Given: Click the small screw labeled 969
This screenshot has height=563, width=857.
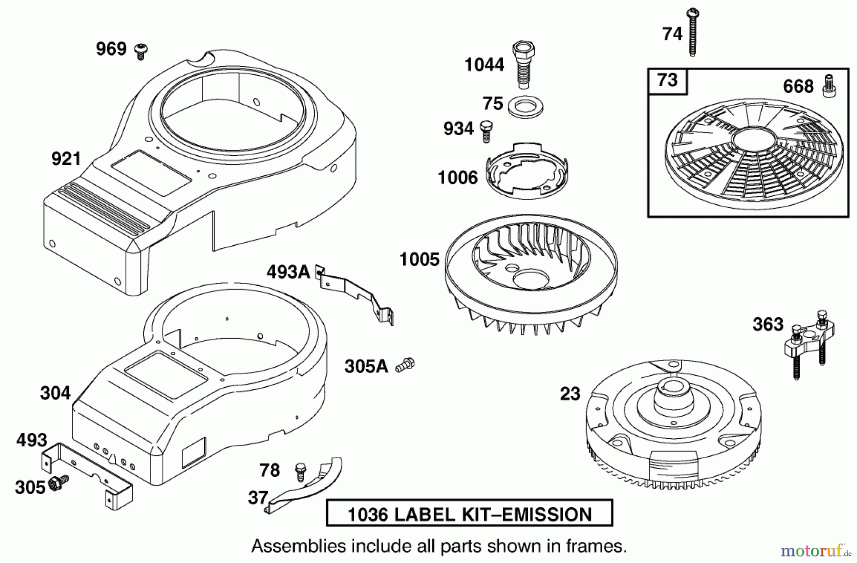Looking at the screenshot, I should point(141,51).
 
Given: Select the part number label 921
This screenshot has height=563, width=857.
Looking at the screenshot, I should point(66,159).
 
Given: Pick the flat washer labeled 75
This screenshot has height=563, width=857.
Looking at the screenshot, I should point(526,106).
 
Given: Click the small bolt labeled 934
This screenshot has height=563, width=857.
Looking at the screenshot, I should point(486,131).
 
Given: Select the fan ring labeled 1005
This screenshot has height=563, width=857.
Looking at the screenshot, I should point(531,271).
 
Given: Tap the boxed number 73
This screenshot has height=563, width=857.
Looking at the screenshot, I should point(667,80).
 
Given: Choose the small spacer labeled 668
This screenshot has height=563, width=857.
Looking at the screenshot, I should point(829,86).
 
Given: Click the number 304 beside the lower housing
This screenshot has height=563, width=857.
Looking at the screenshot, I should point(55,393).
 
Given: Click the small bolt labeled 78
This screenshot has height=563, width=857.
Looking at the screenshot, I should point(300,470).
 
